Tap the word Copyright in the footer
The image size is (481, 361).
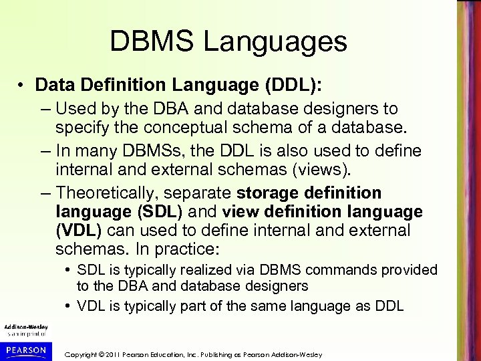(x=86, y=352)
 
